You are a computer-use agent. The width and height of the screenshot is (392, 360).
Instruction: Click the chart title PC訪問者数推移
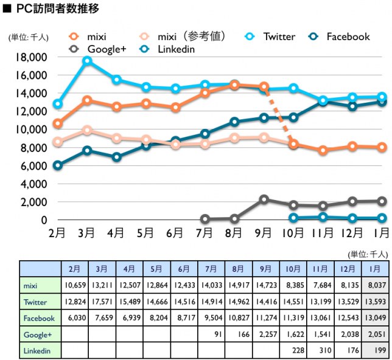click(x=55, y=9)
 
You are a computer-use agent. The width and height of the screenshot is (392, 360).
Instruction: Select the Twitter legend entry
click(x=278, y=36)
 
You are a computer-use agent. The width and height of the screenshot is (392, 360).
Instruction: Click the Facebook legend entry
click(x=348, y=36)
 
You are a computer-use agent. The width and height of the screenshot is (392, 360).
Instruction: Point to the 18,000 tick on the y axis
click(x=30, y=58)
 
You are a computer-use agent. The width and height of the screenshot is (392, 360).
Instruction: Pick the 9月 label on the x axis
click(x=264, y=232)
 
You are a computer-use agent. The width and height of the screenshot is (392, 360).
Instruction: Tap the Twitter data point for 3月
click(x=87, y=61)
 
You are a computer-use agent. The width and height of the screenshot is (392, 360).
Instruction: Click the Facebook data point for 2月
click(x=58, y=165)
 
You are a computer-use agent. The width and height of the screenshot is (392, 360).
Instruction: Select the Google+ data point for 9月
click(x=264, y=199)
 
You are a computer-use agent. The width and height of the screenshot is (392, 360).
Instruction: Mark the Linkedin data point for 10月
click(x=293, y=218)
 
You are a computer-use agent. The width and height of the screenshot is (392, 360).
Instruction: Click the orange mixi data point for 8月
click(x=234, y=85)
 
